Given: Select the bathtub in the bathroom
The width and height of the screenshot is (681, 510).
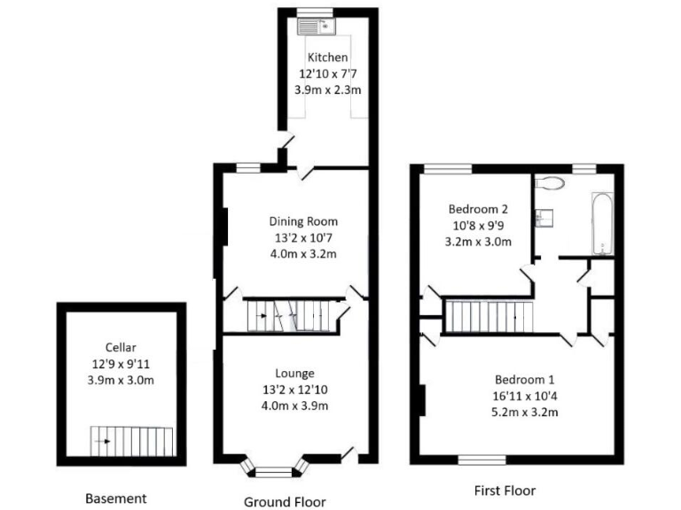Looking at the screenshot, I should [600, 223].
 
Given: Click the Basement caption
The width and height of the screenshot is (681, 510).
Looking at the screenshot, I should [115, 498].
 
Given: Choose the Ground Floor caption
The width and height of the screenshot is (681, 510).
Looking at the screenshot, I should [285, 502].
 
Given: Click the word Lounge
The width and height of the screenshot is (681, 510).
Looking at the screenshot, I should [295, 374].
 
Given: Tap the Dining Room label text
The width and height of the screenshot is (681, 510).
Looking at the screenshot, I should [303, 221].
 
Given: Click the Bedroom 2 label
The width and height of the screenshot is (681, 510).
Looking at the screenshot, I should [478, 209].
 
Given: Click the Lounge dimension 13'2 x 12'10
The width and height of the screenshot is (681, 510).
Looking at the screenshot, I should [295, 390].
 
